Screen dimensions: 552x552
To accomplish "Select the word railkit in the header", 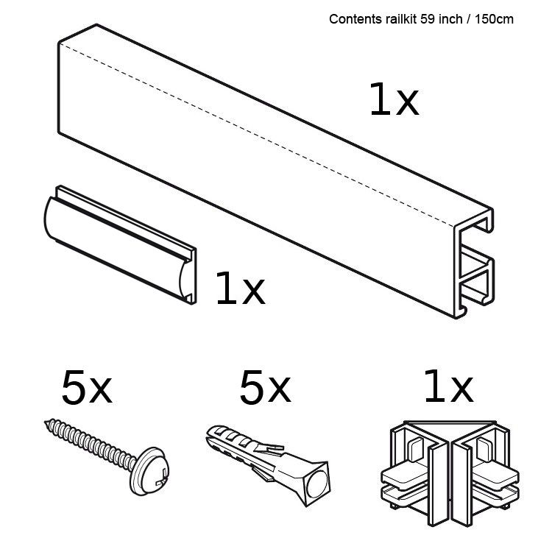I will tap(398, 19).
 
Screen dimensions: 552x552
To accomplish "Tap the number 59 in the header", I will tap(427, 19).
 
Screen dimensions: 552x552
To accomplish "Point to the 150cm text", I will tap(493, 19).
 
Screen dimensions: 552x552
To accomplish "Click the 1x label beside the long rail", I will tap(393, 101).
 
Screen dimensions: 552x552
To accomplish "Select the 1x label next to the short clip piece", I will tap(239, 289).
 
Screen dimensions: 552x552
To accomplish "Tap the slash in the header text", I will tap(468, 19).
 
